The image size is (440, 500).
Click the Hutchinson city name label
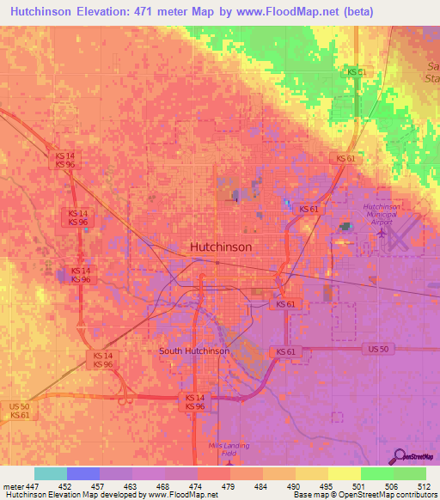pos(220,246)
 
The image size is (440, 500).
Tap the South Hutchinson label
pos(193,351)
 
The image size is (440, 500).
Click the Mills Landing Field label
pos(227,449)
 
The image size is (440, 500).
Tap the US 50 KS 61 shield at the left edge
pos(20,410)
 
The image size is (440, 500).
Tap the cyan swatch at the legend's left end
pos(51,473)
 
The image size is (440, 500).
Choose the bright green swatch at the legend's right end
pos(410,473)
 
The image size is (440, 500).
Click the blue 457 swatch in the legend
pos(83,473)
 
